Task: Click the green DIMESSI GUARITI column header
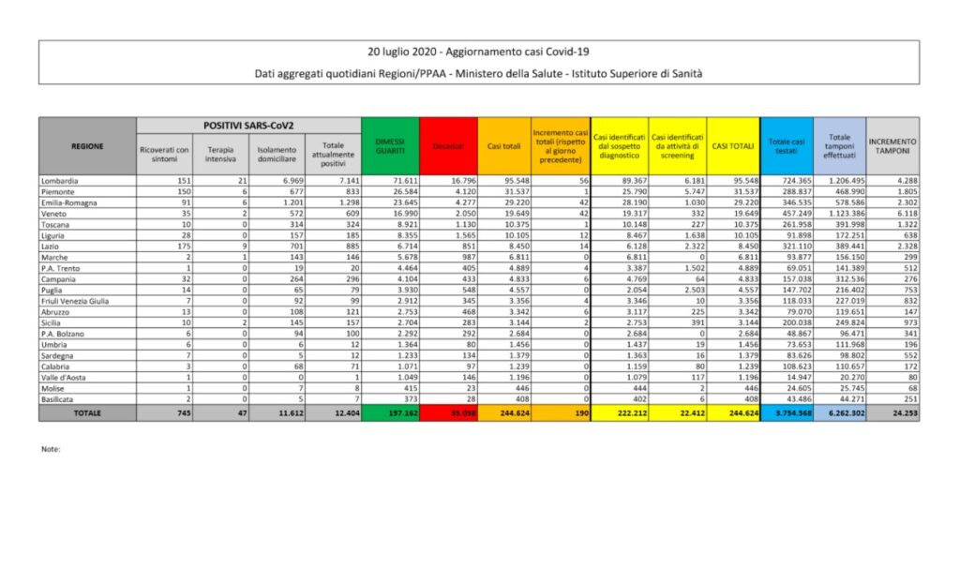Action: tap(390, 145)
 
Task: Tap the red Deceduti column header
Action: tap(448, 146)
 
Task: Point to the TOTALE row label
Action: tap(87, 412)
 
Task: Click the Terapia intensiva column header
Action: tap(221, 154)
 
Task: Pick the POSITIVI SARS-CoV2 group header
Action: tap(248, 125)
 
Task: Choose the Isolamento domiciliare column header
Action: tap(277, 154)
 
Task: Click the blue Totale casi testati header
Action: tap(785, 145)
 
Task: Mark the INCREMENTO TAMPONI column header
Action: tap(892, 145)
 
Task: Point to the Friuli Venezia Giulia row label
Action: tap(75, 301)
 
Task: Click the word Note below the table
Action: tap(51, 449)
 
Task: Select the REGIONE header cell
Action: tap(87, 145)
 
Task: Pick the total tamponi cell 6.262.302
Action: tap(841, 412)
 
